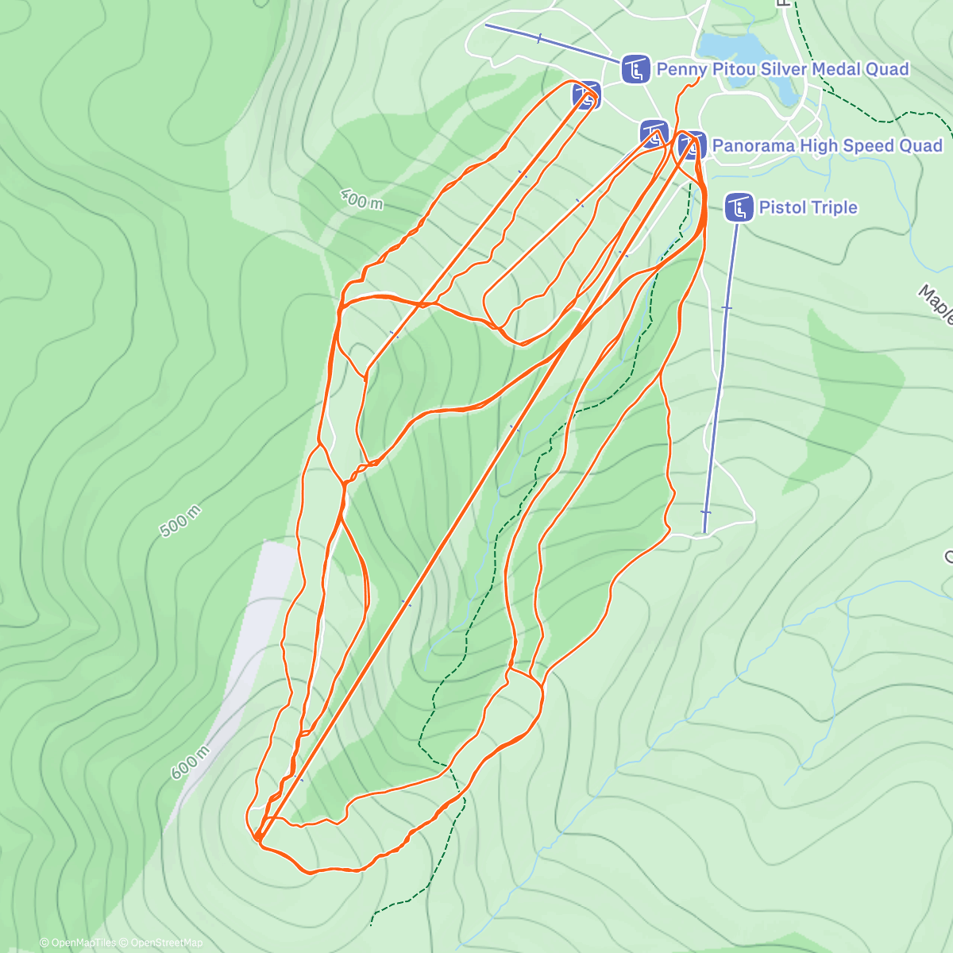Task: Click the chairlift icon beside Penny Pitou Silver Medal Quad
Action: [634, 70]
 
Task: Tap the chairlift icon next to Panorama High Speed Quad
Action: [693, 146]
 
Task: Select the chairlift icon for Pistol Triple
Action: [739, 208]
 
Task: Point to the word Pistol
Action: [782, 208]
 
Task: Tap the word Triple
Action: [833, 208]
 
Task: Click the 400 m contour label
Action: [361, 199]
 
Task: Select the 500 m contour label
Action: [179, 521]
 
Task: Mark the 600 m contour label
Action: [191, 762]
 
